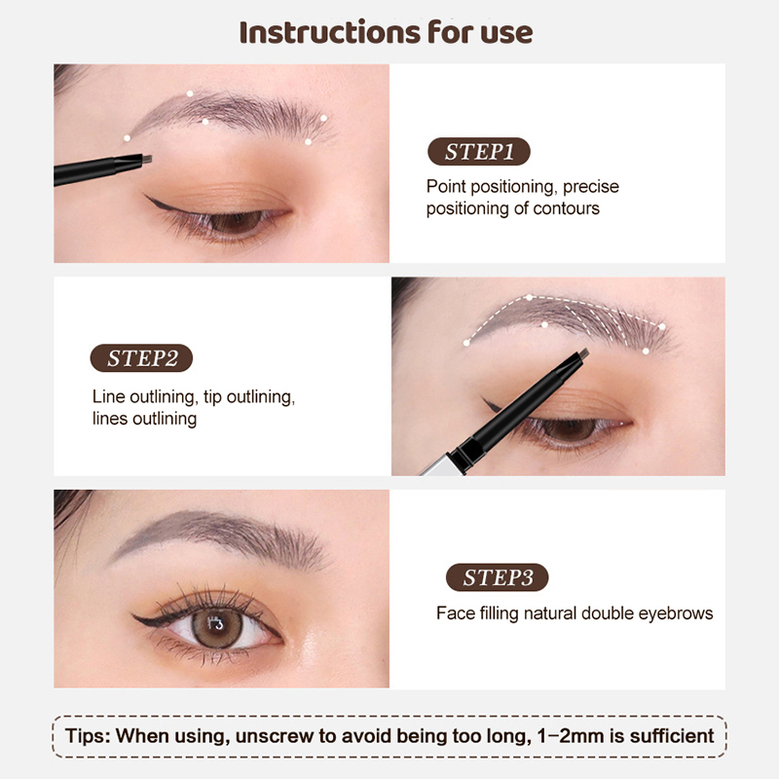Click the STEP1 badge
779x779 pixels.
[479, 152]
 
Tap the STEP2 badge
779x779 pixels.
[141, 357]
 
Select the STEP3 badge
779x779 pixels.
[498, 577]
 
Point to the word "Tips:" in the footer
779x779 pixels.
[88, 736]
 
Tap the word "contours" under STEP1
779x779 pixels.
[567, 208]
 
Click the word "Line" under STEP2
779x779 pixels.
[109, 397]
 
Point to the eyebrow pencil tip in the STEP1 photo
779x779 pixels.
[147, 159]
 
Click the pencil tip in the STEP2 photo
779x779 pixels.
[583, 353]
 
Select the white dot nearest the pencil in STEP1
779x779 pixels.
[128, 138]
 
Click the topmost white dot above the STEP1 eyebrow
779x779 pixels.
[190, 93]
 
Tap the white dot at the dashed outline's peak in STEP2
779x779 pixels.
[530, 298]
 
